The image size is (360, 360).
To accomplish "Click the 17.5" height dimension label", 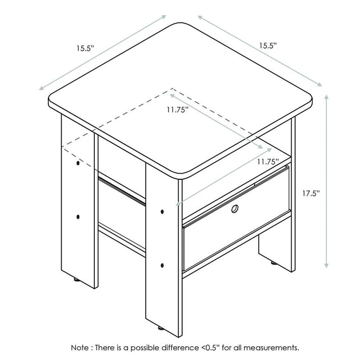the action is [311, 194].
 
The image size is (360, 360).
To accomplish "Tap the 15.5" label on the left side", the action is [85, 49].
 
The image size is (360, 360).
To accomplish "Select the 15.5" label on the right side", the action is [268, 46].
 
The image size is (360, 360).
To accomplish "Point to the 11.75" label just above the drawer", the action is [267, 162].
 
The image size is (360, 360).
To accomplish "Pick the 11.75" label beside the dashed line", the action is [178, 110].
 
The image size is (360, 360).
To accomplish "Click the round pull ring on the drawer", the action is [235, 209].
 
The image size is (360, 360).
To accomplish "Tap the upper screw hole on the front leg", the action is [162, 211].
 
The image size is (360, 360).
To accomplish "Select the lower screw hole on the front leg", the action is [162, 265].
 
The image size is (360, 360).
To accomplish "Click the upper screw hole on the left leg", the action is [78, 163].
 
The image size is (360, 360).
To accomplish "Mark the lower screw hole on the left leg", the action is [78, 217].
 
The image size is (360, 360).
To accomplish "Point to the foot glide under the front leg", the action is [161, 329].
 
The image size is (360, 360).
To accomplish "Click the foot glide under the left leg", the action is [77, 279].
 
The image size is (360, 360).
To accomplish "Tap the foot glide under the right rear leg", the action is [274, 263].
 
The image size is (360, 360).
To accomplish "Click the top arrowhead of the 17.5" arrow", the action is [326, 96].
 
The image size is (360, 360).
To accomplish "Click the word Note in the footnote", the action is [79, 347].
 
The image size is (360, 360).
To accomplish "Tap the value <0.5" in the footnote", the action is [210, 347].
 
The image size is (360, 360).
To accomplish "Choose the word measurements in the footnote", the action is [271, 347].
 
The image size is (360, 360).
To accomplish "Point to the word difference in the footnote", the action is [180, 347].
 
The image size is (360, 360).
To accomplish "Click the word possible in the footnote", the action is [145, 348].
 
